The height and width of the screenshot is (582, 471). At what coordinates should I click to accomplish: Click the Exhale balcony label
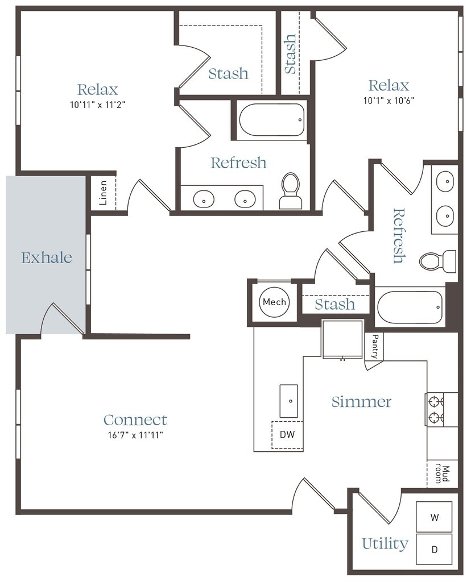47,257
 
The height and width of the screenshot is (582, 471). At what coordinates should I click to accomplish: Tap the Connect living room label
135,420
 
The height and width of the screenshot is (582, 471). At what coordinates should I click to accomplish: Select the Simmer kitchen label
361,402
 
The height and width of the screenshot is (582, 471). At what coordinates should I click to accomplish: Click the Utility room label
385,544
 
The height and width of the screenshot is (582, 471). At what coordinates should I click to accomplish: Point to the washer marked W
434,517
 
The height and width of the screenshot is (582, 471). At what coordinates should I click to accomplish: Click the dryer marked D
434,550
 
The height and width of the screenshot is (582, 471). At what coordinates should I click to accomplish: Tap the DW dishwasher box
287,435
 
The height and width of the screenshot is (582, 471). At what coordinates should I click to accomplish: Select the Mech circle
275,302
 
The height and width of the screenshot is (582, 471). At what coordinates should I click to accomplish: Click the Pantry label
375,346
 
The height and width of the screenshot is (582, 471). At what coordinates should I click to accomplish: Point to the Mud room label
442,473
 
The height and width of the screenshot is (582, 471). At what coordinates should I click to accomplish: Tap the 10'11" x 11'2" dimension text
97,105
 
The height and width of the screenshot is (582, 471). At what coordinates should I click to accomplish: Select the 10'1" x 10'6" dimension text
389,101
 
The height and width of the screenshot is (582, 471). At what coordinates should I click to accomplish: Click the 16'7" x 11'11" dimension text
135,435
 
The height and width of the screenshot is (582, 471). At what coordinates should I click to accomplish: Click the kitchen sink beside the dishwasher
288,401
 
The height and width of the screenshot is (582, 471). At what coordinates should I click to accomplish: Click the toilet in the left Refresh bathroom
291,191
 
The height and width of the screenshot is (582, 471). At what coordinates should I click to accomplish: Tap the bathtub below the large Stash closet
272,120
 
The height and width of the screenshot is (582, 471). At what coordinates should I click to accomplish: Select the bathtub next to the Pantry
410,307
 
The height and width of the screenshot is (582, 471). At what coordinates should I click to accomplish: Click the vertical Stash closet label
290,54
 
